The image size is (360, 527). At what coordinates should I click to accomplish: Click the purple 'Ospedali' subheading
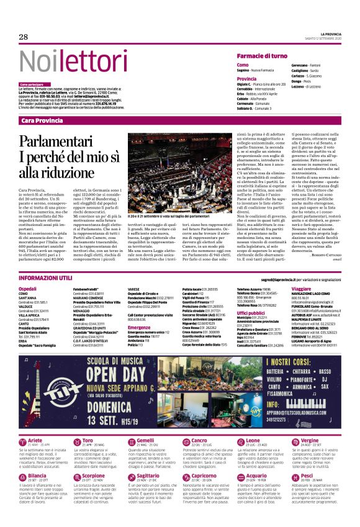point(27,289)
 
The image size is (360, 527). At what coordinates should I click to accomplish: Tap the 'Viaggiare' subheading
point(300,289)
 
